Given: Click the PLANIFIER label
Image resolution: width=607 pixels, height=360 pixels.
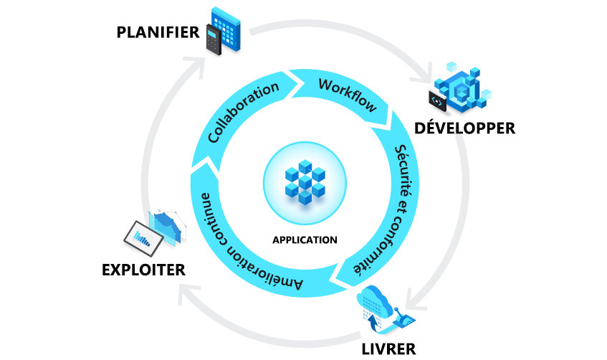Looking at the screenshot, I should coord(158,33).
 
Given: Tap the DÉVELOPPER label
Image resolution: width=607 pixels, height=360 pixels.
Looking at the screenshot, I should coord(465,128).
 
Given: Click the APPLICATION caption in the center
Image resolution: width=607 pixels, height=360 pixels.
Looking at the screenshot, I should coord(304,240).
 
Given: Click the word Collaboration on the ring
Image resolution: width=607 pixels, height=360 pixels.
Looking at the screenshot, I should coord(242,113).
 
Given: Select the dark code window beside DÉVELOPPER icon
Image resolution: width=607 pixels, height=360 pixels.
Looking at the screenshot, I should coord(438,100).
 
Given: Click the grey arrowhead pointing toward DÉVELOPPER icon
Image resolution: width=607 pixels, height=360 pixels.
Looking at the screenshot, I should coord(431,72).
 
